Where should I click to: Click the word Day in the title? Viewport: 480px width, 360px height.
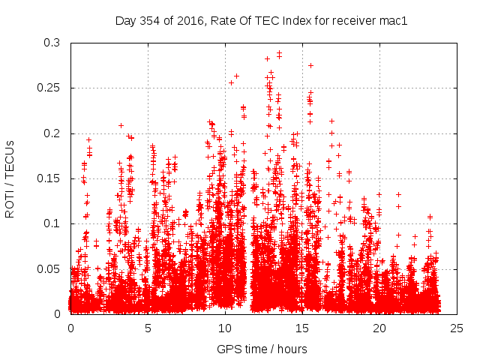click(125, 21)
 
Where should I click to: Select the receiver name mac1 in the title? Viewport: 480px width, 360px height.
click(392, 21)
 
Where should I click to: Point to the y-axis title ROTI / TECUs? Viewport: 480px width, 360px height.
click(10, 178)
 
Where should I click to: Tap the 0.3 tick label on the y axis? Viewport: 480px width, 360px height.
click(52, 43)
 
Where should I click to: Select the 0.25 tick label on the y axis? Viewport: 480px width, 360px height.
click(49, 88)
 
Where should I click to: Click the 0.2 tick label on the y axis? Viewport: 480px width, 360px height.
click(52, 133)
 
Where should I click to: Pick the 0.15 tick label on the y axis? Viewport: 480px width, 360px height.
click(49, 178)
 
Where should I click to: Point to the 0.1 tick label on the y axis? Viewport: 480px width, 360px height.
click(52, 223)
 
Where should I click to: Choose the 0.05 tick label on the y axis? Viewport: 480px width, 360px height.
click(49, 268)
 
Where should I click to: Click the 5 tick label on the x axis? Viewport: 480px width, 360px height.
click(148, 328)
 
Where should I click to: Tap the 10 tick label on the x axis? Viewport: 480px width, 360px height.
click(225, 328)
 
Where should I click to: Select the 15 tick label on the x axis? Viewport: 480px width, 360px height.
click(302, 328)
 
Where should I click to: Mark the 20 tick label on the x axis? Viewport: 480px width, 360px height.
click(379, 328)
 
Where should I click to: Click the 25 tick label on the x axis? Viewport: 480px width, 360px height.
click(457, 328)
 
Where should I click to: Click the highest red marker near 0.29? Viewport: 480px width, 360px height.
click(279, 54)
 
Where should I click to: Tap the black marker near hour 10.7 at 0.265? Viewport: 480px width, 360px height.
click(236, 76)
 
